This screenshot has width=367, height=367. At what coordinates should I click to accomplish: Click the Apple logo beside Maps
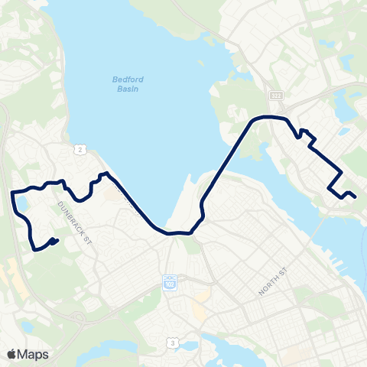(x=11, y=354)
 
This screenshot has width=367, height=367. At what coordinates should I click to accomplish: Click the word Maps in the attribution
(x=33, y=354)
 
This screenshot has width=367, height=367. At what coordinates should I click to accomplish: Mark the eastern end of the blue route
(x=356, y=196)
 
